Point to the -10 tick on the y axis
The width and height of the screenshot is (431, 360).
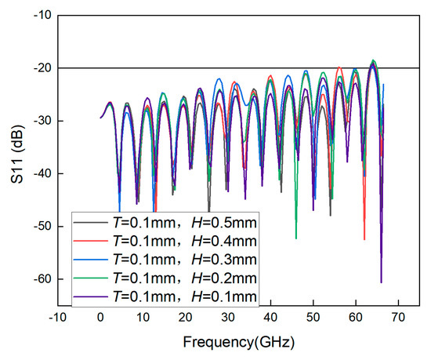(x=41, y=15)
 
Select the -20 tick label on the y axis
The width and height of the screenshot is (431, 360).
(x=41, y=68)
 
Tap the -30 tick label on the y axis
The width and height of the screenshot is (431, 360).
(x=41, y=121)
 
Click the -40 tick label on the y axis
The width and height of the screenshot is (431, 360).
(x=41, y=173)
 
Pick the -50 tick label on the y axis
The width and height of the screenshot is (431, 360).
(x=41, y=227)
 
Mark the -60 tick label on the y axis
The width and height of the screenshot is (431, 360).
(x=41, y=279)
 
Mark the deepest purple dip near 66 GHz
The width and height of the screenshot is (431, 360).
(x=381, y=282)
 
